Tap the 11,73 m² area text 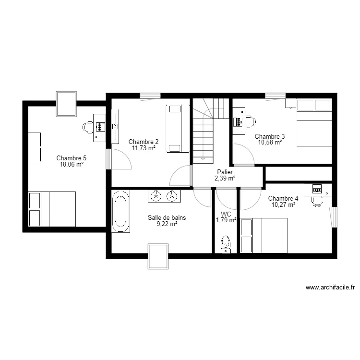pyautogui.click(x=144, y=148)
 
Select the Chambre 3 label pyautogui.click(x=269, y=136)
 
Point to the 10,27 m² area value pyautogui.click(x=283, y=204)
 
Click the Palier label pyautogui.click(x=225, y=172)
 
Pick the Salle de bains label pyautogui.click(x=167, y=217)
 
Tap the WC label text pyautogui.click(x=226, y=214)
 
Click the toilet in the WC pyautogui.click(x=225, y=244)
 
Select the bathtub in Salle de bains pyautogui.click(x=120, y=211)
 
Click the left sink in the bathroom pyautogui.click(x=156, y=195)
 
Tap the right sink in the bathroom pyautogui.click(x=171, y=195)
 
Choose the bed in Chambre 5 pyautogui.click(x=52, y=209)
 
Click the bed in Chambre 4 pyautogui.click(x=264, y=235)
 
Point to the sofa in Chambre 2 pyautogui.click(x=174, y=128)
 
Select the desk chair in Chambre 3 pyautogui.click(x=250, y=122)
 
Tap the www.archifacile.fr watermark pyautogui.click(x=330, y=288)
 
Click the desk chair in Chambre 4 pyautogui.click(x=317, y=201)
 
